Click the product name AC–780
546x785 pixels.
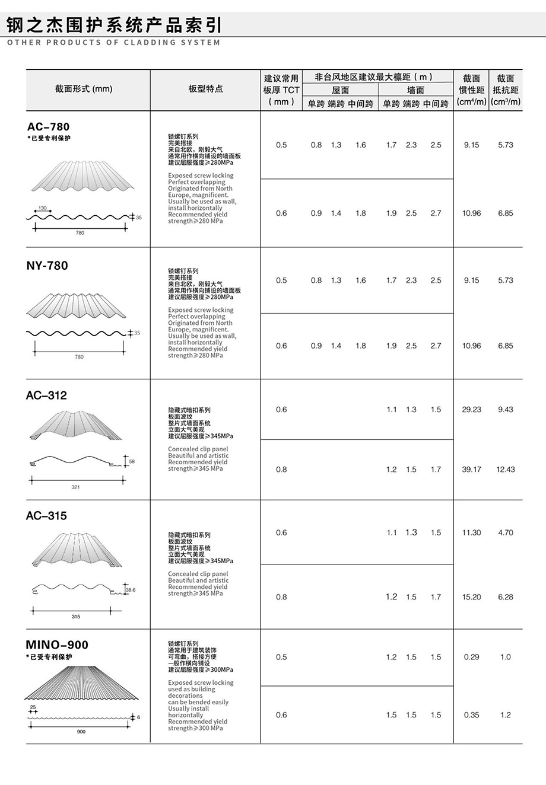click(x=48, y=127)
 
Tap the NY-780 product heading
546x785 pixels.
click(x=47, y=266)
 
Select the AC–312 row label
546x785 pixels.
click(x=46, y=395)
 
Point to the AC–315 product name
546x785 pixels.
click(x=46, y=516)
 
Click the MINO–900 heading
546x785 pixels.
click(x=57, y=645)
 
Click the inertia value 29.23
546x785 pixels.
click(x=472, y=410)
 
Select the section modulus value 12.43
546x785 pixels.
click(x=506, y=470)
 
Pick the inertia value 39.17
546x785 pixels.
click(x=472, y=470)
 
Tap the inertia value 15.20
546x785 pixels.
click(x=472, y=597)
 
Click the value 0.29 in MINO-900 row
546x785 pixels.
click(x=472, y=657)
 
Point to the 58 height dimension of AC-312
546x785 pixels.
click(x=132, y=461)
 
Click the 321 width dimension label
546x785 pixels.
click(x=75, y=487)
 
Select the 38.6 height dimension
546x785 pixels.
click(x=131, y=590)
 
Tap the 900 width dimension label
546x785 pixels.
click(x=81, y=732)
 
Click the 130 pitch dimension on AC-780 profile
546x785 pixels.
click(x=42, y=208)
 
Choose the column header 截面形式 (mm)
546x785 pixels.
click(x=84, y=89)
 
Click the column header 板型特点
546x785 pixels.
click(x=205, y=89)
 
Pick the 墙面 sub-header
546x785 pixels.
click(x=415, y=90)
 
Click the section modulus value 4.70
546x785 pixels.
click(x=506, y=533)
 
